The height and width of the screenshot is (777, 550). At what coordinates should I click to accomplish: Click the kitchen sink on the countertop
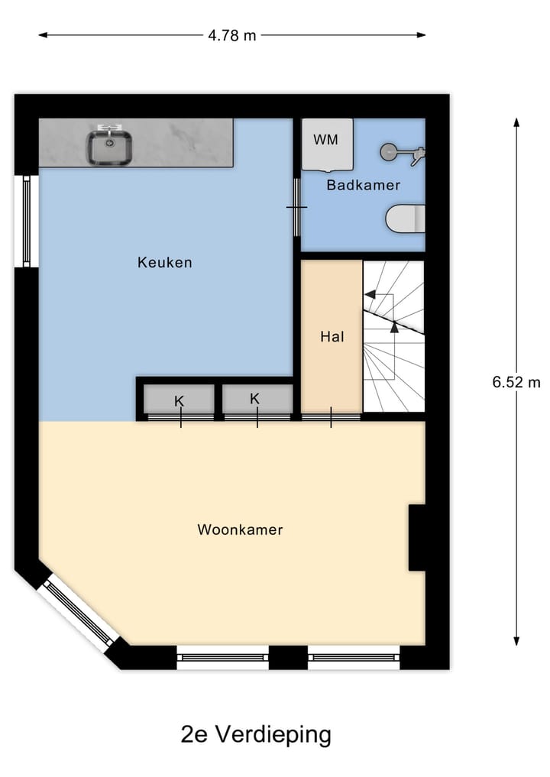[110, 147]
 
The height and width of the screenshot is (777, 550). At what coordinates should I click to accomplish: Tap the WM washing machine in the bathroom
[327, 144]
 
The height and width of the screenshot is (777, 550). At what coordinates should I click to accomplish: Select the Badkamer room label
[363, 185]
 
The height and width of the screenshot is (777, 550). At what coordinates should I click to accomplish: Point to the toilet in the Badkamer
[405, 219]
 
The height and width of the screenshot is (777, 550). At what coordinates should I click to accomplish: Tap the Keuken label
[164, 262]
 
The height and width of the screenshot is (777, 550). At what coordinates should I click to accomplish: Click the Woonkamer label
[240, 529]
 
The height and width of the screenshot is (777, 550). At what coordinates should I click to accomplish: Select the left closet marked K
[180, 400]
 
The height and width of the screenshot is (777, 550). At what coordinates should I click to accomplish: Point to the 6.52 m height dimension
[516, 382]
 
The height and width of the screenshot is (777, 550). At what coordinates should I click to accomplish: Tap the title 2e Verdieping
[256, 734]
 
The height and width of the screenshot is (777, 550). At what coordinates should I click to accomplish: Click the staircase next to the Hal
[393, 336]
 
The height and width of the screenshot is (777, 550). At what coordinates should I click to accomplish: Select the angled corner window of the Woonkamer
[79, 611]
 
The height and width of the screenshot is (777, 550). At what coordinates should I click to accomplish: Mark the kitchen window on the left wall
[27, 221]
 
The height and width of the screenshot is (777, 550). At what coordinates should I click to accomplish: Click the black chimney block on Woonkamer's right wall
[417, 537]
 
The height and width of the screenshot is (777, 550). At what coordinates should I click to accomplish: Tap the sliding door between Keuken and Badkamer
[297, 207]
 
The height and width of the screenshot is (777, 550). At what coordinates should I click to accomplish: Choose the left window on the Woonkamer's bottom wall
[222, 656]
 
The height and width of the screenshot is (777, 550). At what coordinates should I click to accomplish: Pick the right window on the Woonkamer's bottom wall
[354, 656]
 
